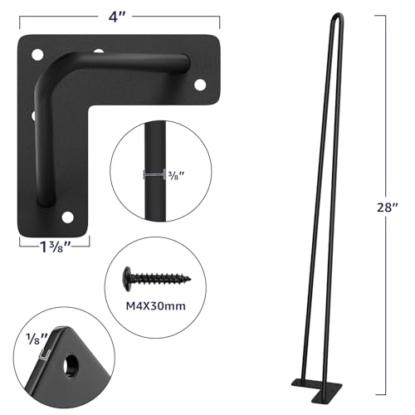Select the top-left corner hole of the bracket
(37, 56)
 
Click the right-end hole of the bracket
(200, 85)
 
